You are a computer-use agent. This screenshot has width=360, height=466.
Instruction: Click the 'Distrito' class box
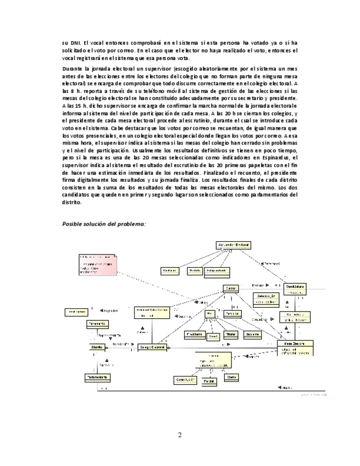click(97, 347)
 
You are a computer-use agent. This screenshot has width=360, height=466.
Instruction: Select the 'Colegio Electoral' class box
click(151, 347)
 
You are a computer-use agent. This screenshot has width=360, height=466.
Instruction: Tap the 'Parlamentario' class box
click(99, 378)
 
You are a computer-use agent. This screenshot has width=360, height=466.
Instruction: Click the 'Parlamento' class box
click(96, 324)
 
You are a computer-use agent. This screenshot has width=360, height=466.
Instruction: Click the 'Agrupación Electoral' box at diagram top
click(233, 245)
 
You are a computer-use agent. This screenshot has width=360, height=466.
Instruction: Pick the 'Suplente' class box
click(252, 334)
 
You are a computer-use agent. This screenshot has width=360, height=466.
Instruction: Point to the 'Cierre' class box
click(233, 378)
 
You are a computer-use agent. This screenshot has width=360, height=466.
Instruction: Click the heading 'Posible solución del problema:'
click(104, 224)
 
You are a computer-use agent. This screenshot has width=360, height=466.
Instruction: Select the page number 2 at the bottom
click(179, 435)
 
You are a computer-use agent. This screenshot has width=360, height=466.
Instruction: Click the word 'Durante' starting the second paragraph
click(73, 69)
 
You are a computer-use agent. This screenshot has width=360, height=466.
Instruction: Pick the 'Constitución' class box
click(185, 379)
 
